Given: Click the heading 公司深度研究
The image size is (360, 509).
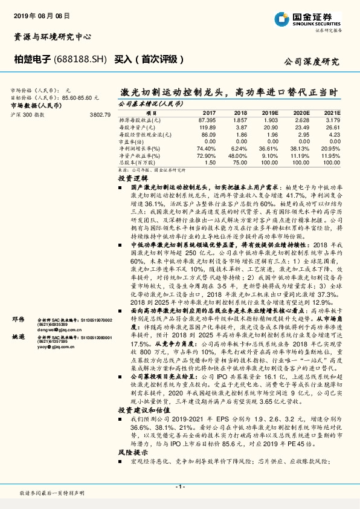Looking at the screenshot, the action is tap(312, 62).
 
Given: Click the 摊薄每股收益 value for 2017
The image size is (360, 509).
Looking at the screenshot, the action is tap(207, 121).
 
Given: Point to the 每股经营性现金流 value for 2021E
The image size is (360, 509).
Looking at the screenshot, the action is tap(334, 135).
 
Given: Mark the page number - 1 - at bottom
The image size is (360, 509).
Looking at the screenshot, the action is tap(179, 487).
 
